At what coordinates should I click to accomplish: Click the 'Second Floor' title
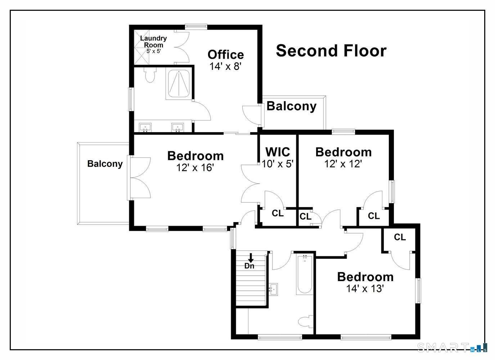(x=331, y=51)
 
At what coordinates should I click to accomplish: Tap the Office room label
(x=226, y=55)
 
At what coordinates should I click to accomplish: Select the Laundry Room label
(x=154, y=41)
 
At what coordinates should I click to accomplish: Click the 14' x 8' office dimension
(x=225, y=66)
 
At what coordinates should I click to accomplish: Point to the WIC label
(x=278, y=152)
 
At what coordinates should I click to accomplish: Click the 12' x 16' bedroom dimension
(x=195, y=167)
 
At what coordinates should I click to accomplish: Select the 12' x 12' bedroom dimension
(x=343, y=164)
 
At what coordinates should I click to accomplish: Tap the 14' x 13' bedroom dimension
(x=365, y=288)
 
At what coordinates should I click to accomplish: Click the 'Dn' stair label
(x=249, y=266)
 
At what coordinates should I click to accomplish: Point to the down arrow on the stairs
(x=251, y=258)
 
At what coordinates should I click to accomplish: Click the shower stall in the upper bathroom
(x=179, y=84)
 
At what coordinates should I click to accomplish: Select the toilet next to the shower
(x=150, y=75)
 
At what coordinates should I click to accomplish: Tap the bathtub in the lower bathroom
(x=305, y=274)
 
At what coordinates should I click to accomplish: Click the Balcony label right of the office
(x=292, y=106)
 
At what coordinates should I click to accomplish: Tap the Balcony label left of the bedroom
(x=105, y=164)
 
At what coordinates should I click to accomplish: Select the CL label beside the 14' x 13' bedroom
(x=400, y=237)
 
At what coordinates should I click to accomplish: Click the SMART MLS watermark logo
(x=452, y=347)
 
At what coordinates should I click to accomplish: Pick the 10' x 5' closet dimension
(x=278, y=164)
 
